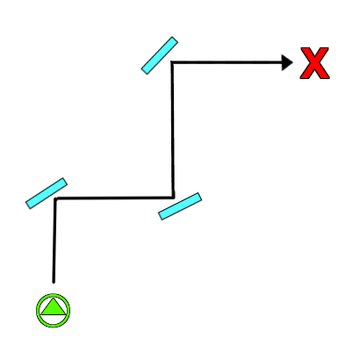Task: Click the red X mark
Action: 314,63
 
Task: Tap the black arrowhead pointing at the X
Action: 287,62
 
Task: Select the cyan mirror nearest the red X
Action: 160,55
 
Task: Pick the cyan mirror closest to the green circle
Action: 47,193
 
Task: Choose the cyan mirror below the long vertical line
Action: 180,206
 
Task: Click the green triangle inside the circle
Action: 53,307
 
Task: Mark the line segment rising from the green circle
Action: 54,241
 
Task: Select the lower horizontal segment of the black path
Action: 114,198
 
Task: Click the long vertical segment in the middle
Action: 173,130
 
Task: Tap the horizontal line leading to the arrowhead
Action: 227,62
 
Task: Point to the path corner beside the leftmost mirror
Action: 55,198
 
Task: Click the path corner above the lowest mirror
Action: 173,198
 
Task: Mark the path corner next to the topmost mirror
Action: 172,62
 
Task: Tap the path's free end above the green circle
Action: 54,283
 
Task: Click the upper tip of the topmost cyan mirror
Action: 175,39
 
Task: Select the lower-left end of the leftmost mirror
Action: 28,205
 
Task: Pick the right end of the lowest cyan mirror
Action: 200,197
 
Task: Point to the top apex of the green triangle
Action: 53,299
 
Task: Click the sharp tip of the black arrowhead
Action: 292,62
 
